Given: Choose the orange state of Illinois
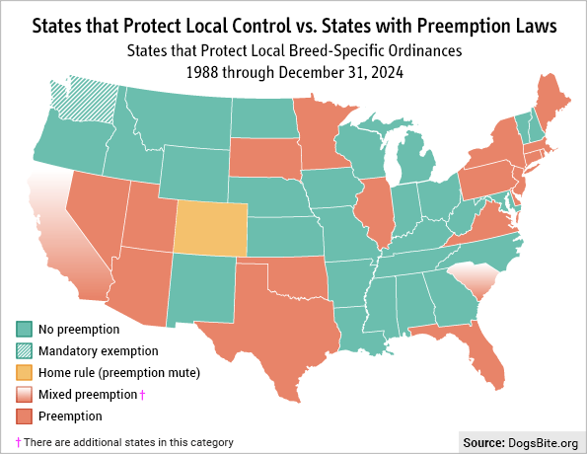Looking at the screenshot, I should tap(372, 212).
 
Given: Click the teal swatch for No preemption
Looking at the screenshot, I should tap(24, 329).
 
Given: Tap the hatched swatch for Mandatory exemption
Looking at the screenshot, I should tap(24, 350).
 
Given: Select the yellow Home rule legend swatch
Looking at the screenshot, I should tap(24, 372).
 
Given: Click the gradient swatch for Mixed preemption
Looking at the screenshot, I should tap(24, 394).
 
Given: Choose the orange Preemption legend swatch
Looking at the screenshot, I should tap(24, 416).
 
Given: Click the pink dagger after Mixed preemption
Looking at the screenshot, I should tap(144, 394).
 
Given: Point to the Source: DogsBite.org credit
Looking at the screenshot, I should tap(519, 441).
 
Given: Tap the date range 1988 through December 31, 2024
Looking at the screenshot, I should tap(292, 72).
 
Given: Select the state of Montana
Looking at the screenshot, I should tap(178, 118).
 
